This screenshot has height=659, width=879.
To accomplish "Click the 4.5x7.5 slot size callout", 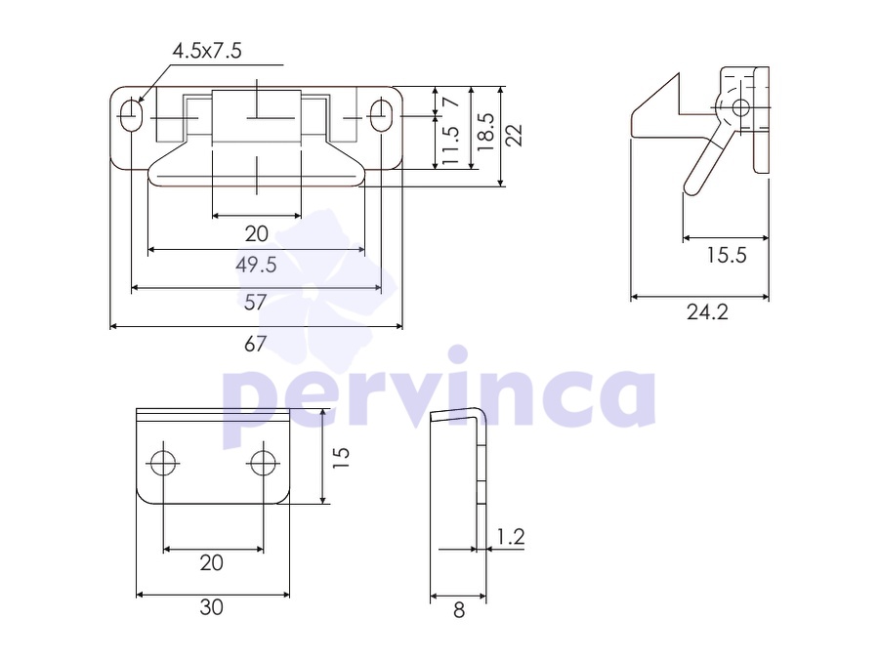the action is (x=207, y=51).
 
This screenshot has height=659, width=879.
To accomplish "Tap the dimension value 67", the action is (x=255, y=344).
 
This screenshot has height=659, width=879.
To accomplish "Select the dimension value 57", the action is (x=255, y=303).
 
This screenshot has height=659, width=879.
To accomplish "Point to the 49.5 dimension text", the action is (x=256, y=265).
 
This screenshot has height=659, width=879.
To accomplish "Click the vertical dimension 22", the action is (x=514, y=135).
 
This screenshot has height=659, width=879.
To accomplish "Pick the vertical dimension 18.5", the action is (x=485, y=132).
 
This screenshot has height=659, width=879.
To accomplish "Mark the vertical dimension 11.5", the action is (x=450, y=145).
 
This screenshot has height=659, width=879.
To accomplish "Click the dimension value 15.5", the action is (x=726, y=256).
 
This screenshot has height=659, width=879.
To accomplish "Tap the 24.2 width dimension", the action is (x=707, y=312).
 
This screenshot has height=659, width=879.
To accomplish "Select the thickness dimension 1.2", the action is (x=511, y=537).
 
